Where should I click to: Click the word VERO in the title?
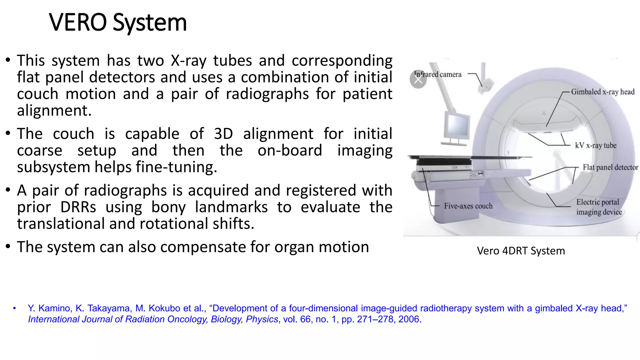click(78, 22)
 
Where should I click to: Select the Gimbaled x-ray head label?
click(602, 92)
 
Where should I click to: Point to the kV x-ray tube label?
click(595, 145)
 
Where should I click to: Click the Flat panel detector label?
click(610, 167)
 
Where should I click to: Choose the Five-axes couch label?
click(468, 206)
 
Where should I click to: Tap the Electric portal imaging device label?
click(599, 207)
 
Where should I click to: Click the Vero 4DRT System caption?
click(521, 251)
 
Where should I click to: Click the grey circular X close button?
click(418, 80)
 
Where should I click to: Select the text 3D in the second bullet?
click(223, 134)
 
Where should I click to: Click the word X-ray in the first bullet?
click(188, 61)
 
